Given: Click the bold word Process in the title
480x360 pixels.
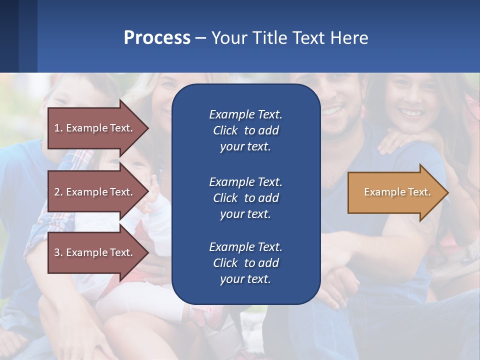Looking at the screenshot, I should click(157, 38).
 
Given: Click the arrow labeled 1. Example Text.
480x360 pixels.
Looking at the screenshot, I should click(95, 128).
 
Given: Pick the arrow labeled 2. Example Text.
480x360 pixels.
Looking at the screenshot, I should click(95, 192).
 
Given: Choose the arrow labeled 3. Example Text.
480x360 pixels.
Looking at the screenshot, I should click(95, 252).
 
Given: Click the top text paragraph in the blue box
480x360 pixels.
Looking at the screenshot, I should click(245, 130).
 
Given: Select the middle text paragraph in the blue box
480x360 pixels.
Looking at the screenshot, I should click(245, 198).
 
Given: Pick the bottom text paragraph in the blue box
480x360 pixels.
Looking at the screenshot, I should click(245, 263).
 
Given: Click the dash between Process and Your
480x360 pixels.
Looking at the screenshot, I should click(201, 38).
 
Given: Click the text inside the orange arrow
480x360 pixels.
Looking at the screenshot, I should click(397, 192).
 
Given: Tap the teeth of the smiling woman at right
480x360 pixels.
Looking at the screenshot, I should click(410, 113).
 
